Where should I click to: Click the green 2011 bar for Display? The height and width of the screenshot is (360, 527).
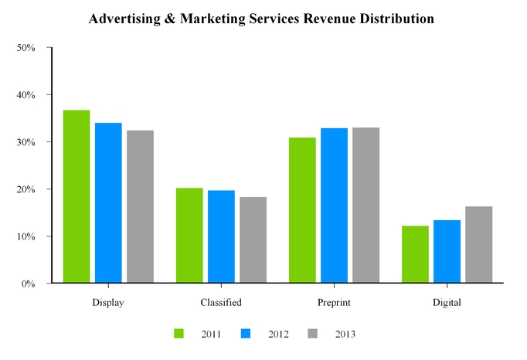[76, 196]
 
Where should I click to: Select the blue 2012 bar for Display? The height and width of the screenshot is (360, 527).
[108, 203]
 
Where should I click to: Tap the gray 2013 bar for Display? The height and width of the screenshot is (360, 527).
[141, 207]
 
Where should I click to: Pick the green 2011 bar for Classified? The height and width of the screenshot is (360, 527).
[189, 236]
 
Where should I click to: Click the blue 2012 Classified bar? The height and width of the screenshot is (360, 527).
[221, 236]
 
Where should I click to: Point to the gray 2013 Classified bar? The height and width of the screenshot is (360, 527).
[253, 240]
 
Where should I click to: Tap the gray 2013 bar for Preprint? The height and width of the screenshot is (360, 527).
[365, 205]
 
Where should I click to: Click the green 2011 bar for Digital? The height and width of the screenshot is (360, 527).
[415, 254]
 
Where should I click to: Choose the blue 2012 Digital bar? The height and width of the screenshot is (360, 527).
[447, 252]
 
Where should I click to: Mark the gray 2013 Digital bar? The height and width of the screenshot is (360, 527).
[478, 245]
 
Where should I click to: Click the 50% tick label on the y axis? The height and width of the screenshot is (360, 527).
[26, 48]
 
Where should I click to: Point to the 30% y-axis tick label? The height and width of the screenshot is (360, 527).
[26, 142]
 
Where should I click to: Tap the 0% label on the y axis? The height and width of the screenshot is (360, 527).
[29, 284]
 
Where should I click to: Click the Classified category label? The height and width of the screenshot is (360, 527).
[221, 303]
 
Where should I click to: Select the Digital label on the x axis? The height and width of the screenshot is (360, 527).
[447, 303]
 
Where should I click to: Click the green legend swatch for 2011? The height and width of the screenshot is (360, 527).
[179, 334]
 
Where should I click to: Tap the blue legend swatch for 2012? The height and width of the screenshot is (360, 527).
[246, 334]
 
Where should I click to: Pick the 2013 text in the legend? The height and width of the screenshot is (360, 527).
[345, 334]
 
